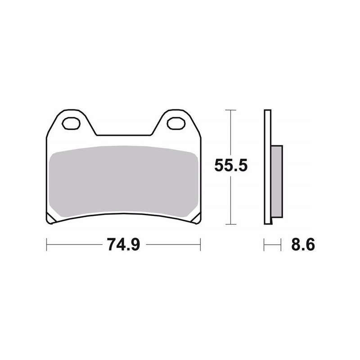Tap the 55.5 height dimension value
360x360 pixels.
point(231,166)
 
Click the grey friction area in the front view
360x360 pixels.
point(124,182)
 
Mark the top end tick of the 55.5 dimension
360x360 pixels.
point(230,110)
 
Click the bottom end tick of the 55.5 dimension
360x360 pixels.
point(230,224)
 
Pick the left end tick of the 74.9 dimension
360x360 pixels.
point(47,245)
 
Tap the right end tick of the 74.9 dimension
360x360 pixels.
point(200,245)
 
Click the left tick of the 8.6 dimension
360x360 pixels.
point(265,245)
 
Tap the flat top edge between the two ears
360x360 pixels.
point(124,134)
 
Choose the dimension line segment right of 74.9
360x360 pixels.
point(173,245)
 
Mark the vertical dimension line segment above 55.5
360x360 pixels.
point(230,133)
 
